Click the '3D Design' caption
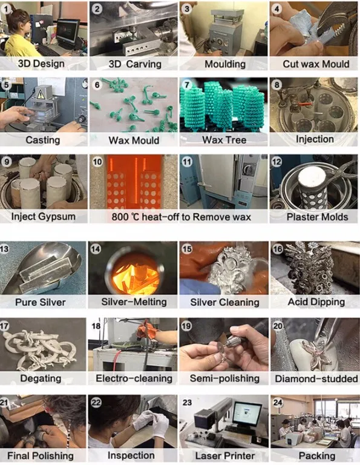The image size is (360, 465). click(x=41, y=64)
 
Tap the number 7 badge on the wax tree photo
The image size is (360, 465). click(x=187, y=85)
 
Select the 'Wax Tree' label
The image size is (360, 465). click(x=224, y=140)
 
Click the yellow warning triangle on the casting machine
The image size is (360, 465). click(x=41, y=94)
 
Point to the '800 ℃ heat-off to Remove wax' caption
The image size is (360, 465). click(x=182, y=217)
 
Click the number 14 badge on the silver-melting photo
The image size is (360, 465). click(x=96, y=248)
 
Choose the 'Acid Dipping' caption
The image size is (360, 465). click(x=316, y=302)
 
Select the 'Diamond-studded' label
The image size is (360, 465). click(x=316, y=378)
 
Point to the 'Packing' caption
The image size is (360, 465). click(x=317, y=455)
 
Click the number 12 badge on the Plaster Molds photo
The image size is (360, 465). click(x=277, y=162)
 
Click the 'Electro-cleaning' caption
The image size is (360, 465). click(x=134, y=378)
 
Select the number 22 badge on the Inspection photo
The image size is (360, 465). click(x=96, y=403)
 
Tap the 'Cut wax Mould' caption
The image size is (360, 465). click(x=316, y=64)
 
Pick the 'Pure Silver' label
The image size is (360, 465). click(x=41, y=302)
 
